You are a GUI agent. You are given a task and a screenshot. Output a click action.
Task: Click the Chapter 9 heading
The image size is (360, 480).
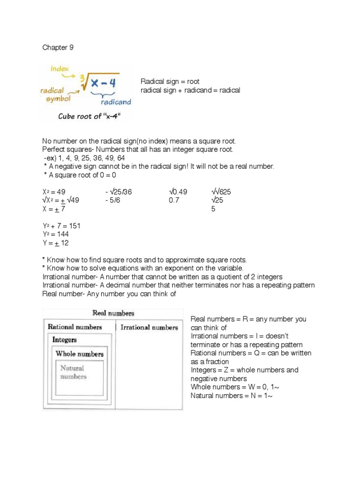58,47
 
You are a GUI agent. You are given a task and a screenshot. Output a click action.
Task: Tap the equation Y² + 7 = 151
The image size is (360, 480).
61,226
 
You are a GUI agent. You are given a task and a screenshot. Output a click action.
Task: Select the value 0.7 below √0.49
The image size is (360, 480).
174,200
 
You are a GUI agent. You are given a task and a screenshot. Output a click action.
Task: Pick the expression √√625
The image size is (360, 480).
221,192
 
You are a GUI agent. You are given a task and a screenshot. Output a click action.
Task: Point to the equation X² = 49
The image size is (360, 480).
54,192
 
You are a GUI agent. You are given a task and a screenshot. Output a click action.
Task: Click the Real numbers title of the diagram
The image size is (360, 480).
113,313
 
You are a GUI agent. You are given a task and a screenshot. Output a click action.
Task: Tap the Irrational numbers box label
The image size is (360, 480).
149,327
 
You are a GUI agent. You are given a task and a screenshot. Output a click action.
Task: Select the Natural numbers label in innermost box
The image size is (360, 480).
74,372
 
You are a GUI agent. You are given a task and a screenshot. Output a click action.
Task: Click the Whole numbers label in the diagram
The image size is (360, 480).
79,353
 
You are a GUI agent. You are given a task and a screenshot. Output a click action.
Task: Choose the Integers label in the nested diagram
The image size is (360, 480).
65,339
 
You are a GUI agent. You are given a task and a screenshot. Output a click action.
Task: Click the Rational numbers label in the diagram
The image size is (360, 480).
75,327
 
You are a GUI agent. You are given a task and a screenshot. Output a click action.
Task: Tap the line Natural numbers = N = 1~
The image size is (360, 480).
232,396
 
